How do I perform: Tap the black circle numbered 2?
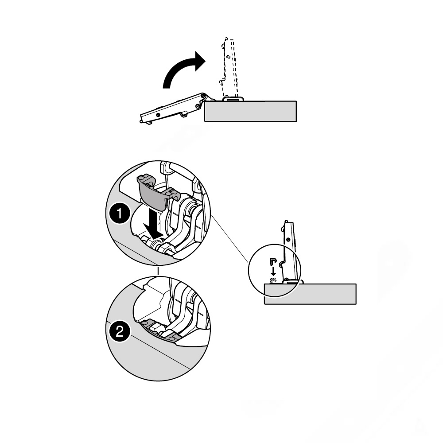[120, 331]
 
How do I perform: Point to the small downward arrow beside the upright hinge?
[273, 271]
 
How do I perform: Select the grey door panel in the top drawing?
[250, 111]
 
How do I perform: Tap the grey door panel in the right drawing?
[310, 294]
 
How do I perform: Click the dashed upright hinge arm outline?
[229, 68]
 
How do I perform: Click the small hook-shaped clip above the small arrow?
[272, 261]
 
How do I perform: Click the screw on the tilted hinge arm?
[158, 115]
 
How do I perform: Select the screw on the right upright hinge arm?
[288, 240]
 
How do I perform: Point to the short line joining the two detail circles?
[158, 270]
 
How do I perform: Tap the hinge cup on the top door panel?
[233, 99]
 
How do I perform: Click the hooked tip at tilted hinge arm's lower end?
[141, 122]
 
